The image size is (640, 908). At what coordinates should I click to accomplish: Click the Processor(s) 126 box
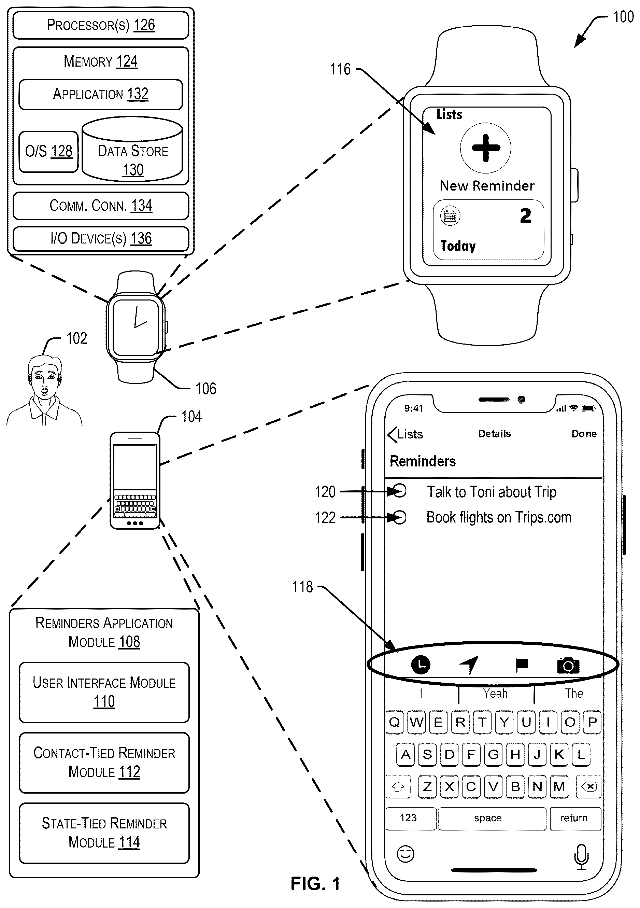tap(101, 25)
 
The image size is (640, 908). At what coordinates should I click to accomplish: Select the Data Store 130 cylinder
tap(132, 150)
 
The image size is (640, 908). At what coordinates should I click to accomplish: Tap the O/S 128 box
tap(48, 152)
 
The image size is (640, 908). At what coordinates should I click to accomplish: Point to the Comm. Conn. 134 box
tap(101, 206)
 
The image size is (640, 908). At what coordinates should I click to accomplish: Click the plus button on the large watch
tap(486, 148)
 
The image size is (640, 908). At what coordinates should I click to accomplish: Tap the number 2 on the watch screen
tap(525, 216)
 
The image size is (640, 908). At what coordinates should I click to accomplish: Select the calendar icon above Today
tap(450, 216)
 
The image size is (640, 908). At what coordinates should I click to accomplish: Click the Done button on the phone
tap(584, 434)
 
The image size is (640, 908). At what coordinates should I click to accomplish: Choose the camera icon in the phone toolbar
tap(568, 666)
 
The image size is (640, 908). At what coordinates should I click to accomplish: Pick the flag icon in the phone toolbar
tap(522, 665)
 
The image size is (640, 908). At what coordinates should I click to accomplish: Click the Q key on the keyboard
tap(394, 722)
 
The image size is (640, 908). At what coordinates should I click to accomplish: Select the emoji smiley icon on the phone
tap(405, 854)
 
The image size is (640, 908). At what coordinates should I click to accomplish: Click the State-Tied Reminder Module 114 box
tap(104, 833)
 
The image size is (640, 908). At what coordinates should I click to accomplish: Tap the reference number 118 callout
tap(302, 587)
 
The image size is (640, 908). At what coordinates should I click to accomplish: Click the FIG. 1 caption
tap(315, 884)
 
